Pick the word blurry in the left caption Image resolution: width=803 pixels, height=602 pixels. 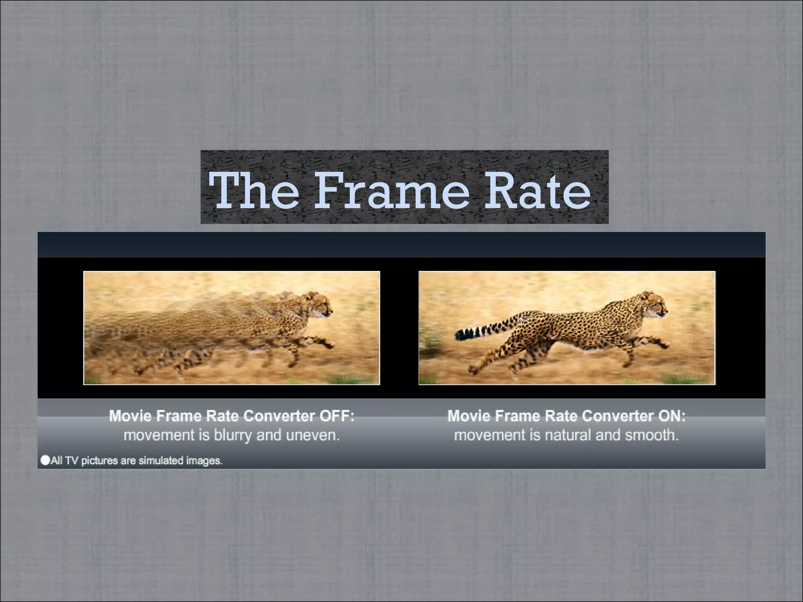(233, 435)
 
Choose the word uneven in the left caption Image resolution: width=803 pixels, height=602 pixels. (312, 435)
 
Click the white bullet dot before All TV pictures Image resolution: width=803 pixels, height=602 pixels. (45, 460)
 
